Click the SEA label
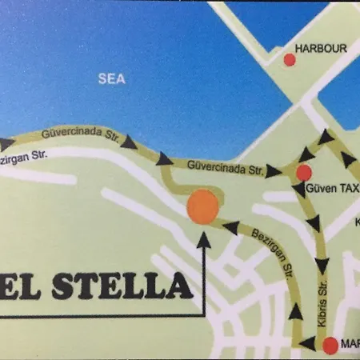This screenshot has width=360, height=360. point(112,78)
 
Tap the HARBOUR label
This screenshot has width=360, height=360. point(321,49)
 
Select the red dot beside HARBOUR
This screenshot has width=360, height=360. point(290,59)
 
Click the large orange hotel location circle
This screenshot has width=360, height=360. point(202,206)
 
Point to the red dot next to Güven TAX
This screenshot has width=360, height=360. point(303,172)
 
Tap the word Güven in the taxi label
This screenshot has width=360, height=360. point(321,189)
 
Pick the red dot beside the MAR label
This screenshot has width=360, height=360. point(330,346)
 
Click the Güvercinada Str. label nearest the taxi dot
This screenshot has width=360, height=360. point(226,168)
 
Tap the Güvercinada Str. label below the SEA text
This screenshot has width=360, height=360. point(79,134)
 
